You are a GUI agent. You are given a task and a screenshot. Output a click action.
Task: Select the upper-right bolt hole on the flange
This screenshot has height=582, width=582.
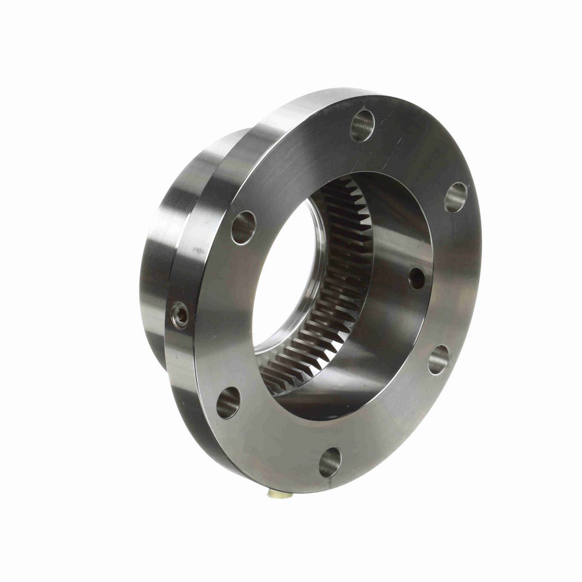[x=456, y=197]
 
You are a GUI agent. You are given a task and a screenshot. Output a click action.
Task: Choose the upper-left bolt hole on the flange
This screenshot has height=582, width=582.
[x=244, y=226]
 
